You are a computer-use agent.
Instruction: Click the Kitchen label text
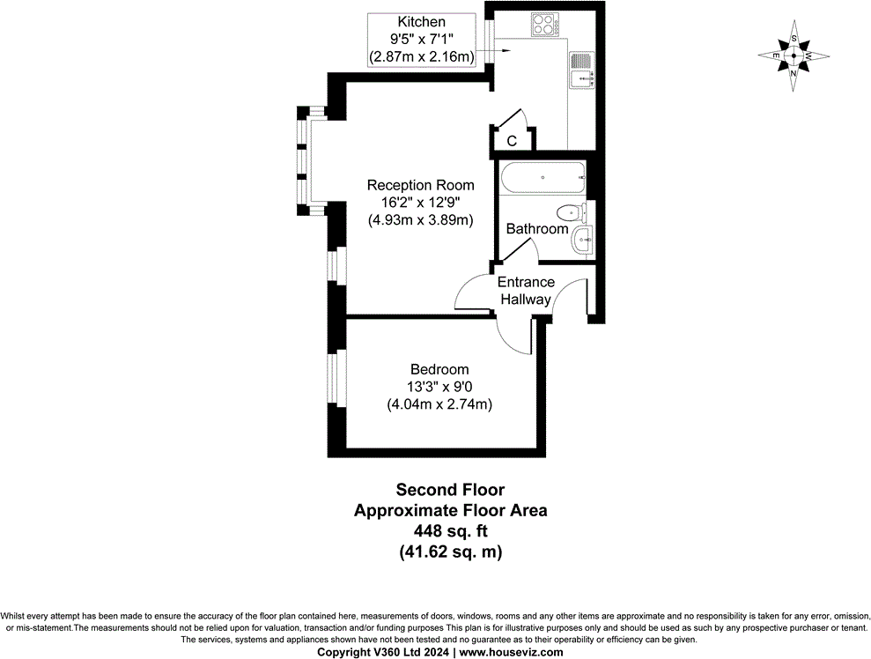422,22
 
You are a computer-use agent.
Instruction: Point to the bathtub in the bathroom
543,179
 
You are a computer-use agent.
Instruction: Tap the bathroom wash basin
582,240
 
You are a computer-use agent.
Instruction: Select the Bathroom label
536,229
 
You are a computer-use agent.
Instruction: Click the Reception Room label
420,186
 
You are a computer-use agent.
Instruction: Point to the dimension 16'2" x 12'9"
420,203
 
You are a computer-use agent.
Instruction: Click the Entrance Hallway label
526,291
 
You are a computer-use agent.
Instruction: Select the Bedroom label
439,370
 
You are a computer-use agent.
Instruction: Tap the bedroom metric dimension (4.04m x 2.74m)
439,404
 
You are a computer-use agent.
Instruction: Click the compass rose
793,56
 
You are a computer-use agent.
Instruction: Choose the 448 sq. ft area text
450,531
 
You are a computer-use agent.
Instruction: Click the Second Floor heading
450,490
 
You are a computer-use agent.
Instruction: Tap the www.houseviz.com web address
511,652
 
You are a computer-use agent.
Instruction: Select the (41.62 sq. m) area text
450,552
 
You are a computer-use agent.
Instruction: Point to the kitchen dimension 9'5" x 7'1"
422,40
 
